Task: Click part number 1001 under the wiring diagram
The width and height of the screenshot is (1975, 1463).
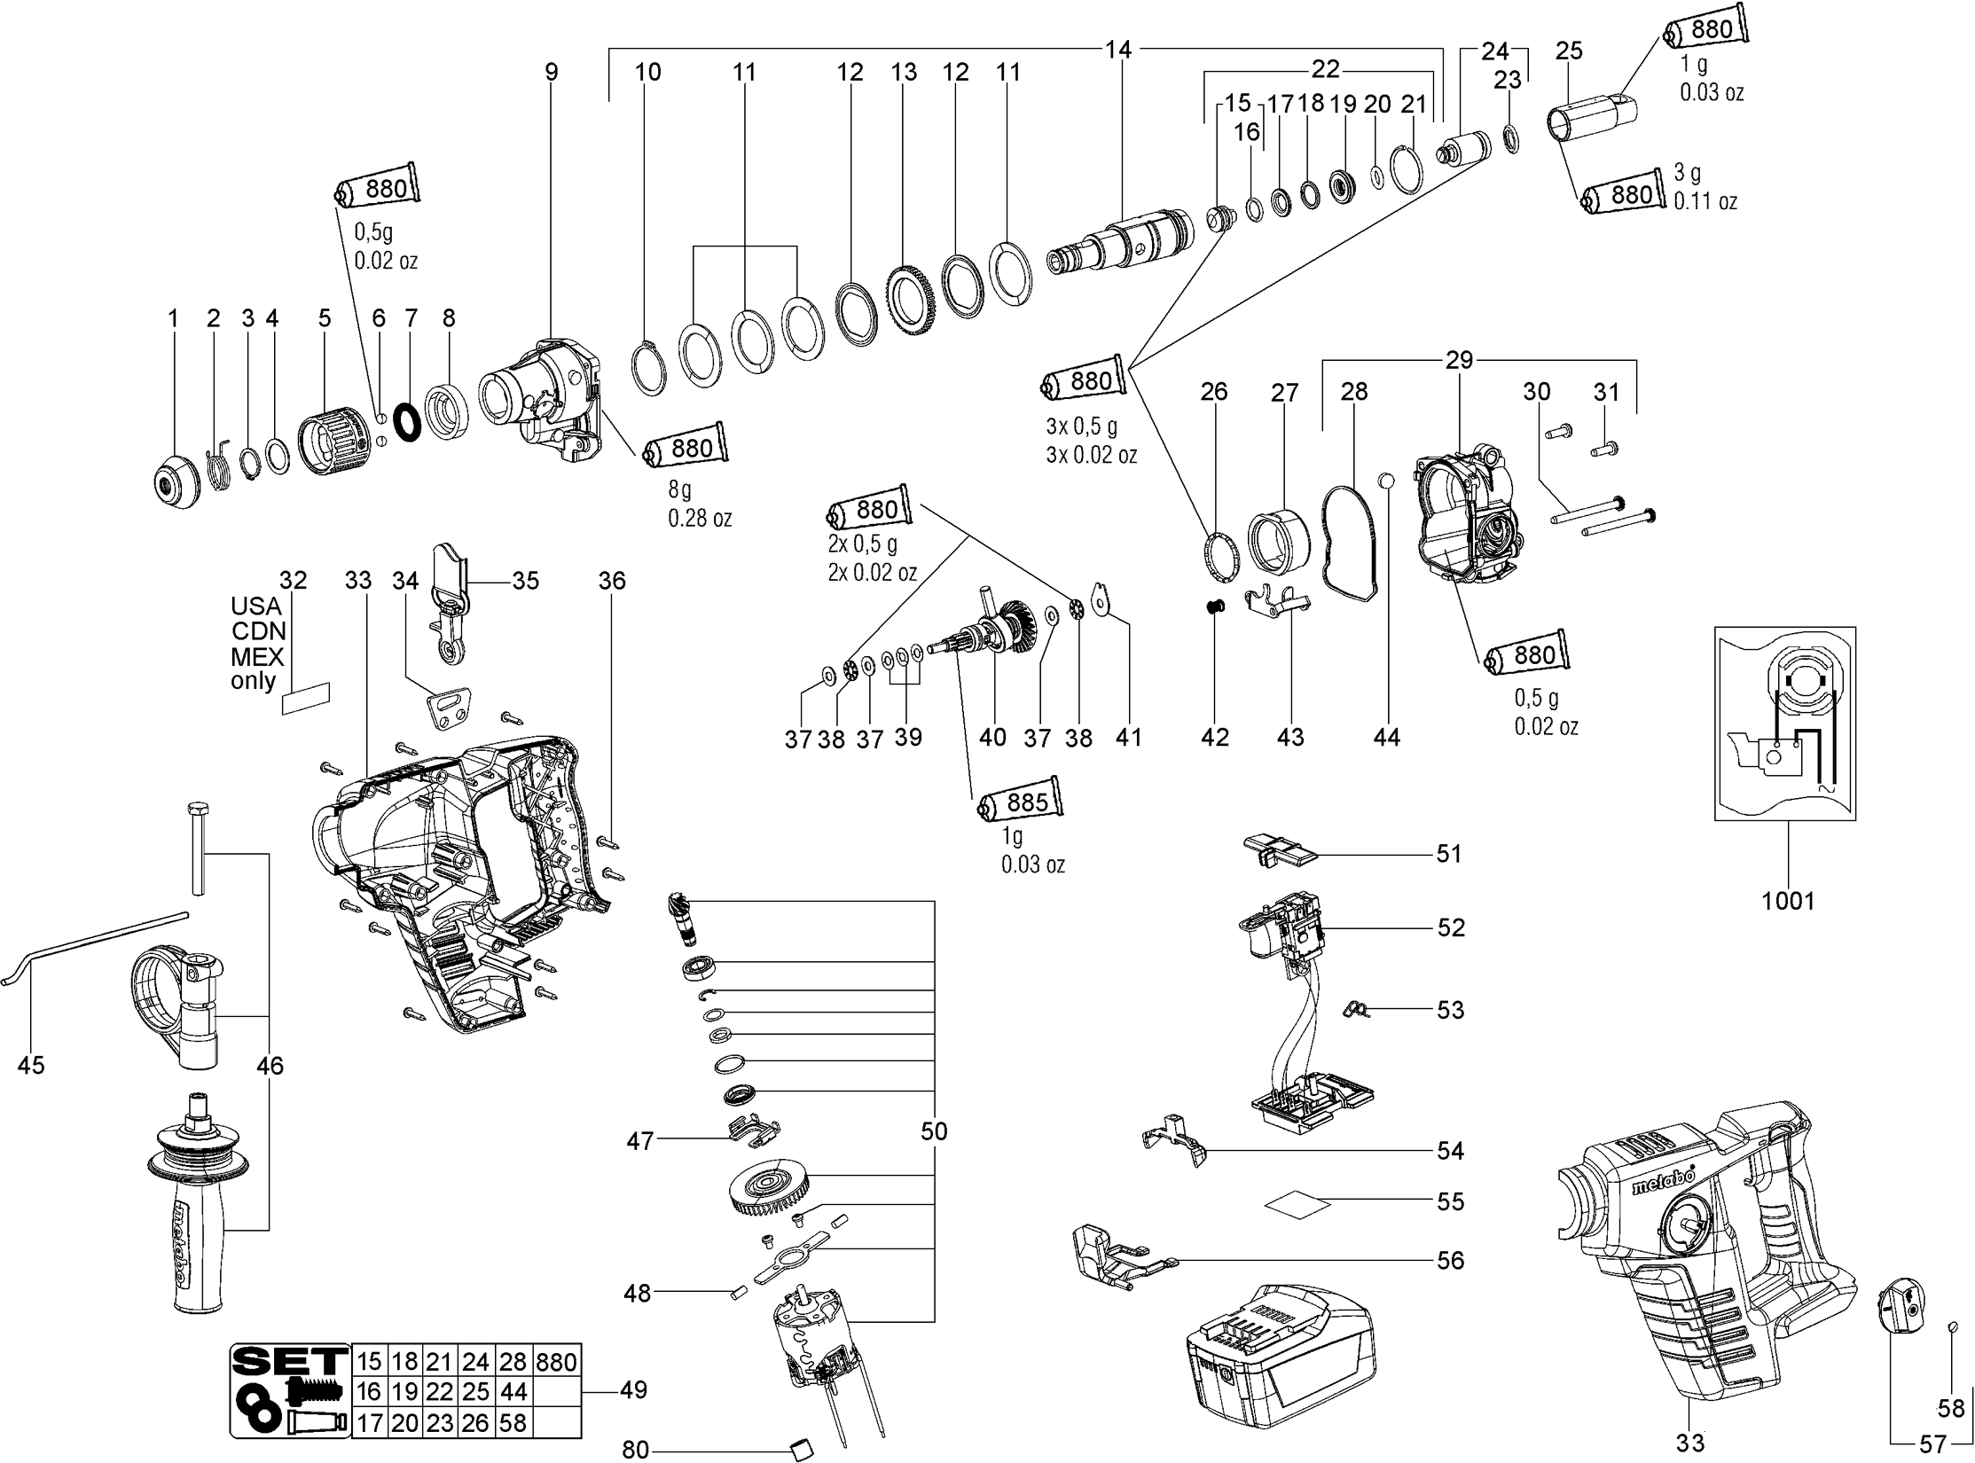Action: tap(1788, 901)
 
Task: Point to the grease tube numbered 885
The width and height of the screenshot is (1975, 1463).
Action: tap(1022, 803)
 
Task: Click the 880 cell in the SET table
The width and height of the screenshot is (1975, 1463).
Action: tap(556, 1362)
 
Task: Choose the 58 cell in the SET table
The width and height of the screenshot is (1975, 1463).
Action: tap(513, 1423)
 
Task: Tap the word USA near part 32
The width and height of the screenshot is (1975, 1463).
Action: tap(255, 606)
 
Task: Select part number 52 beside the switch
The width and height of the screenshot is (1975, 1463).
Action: tap(1451, 927)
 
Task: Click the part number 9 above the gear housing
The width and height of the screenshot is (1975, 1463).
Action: tap(552, 72)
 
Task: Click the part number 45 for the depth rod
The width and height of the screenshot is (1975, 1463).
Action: tap(31, 1065)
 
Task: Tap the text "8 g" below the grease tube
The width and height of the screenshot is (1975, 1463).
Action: tap(680, 489)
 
